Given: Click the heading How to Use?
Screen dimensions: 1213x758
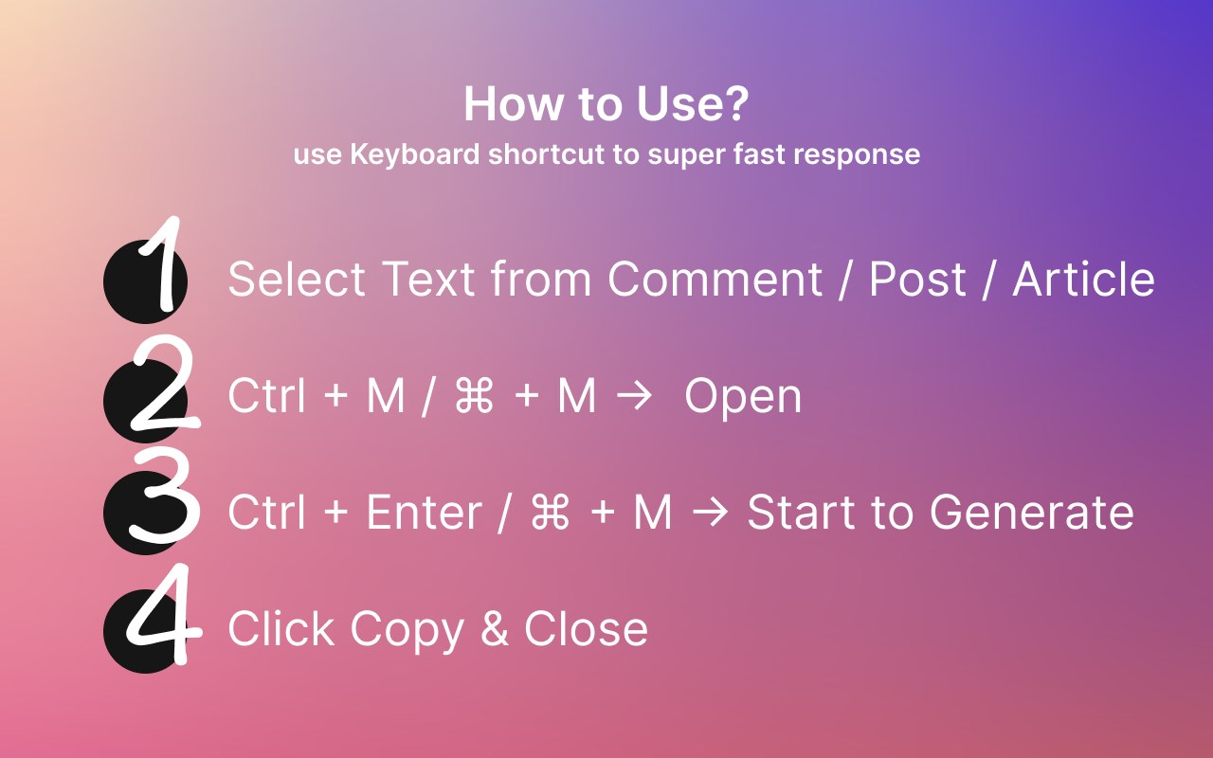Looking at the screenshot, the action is coord(606,103).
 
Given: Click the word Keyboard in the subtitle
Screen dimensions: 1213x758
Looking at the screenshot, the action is coord(415,154).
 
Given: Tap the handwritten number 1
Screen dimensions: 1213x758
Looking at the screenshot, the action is coord(161,263).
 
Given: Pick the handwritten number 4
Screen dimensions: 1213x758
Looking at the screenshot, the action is coord(164,614).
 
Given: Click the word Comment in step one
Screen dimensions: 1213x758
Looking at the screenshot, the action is coord(715,280).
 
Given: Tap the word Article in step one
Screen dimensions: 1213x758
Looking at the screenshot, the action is coord(1083,279).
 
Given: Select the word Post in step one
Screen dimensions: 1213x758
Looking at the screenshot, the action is coord(917,280).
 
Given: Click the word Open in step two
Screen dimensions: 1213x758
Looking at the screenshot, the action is coord(743,397).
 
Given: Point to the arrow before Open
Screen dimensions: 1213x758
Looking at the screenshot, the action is coord(634,396).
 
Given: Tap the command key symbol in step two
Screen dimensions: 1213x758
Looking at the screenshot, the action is coord(475,396).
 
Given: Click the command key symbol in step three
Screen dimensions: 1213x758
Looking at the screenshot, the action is coord(551,513).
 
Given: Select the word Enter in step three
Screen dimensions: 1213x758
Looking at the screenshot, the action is coord(425,512).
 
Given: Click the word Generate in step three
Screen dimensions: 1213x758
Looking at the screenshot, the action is coord(1032,512).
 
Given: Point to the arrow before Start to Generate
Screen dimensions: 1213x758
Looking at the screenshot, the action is coord(710,513).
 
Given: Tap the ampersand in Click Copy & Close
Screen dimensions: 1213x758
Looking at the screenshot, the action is coord(495,628).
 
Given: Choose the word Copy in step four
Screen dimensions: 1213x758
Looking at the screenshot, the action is coord(407,631).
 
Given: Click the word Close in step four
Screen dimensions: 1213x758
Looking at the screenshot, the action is coord(586,628).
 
